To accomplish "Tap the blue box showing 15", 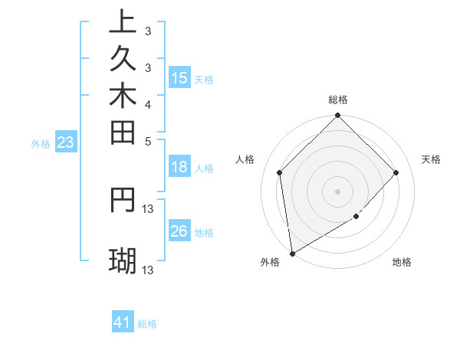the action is [179, 77].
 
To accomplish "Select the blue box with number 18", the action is [179, 168].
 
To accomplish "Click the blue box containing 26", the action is [179, 231].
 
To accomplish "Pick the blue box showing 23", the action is [65, 142].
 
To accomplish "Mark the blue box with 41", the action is [123, 322].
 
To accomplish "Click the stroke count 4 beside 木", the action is [147, 104].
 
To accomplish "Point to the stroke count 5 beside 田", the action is [147, 141].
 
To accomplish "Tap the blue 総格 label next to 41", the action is [147, 324].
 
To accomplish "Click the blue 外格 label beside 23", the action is [41, 143].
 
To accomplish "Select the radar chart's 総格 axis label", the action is [338, 100].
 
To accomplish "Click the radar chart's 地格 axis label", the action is [402, 263].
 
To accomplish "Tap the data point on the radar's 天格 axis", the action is [396, 172].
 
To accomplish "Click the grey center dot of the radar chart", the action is [338, 191].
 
